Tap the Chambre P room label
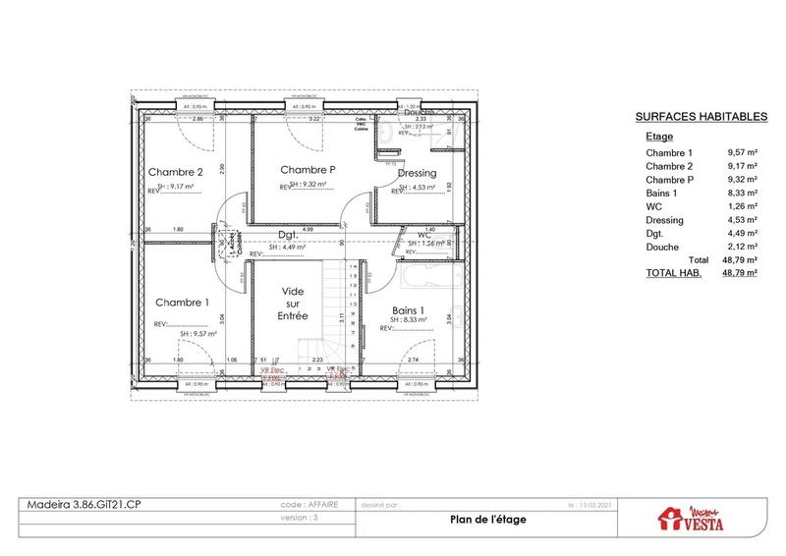[308, 169]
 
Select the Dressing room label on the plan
[418, 173]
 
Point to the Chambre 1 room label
[182, 303]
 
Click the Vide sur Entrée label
[294, 305]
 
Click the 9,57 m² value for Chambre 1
[742, 153]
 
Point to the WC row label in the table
[654, 206]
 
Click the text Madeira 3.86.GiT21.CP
[84, 503]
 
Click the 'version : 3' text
[303, 517]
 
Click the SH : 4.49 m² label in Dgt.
[287, 247]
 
